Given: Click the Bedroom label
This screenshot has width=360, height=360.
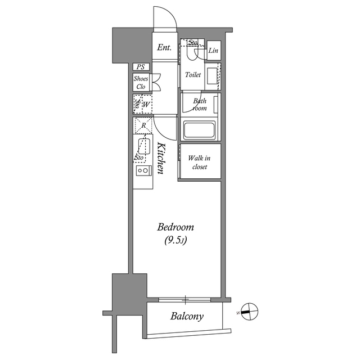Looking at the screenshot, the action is tap(175, 227).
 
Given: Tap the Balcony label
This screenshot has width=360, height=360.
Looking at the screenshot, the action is tap(187, 316).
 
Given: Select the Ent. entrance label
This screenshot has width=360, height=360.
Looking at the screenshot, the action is tap(164, 47).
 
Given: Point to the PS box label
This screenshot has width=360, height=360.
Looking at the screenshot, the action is tap(141, 67).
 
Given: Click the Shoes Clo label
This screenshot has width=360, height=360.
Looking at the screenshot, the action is tap(141, 83).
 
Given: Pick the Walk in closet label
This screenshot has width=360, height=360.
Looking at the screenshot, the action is tap(199, 163).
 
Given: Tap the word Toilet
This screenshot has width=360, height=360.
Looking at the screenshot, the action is tap(193, 75).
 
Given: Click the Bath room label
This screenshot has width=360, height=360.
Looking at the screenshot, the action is tap(200, 104).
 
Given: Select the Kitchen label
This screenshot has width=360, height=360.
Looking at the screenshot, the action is tap(161, 159).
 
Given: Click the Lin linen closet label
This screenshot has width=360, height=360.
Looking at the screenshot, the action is tap(213, 50).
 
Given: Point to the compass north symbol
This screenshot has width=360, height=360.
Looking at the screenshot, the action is tap(250, 312).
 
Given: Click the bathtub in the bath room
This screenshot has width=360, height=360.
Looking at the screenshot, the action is tap(199, 130).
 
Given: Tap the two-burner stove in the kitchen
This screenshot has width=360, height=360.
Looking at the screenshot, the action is tap(142, 170).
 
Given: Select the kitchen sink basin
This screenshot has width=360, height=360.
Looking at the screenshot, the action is tap(144, 147).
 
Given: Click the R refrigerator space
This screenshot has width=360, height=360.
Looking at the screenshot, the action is tap(143, 125).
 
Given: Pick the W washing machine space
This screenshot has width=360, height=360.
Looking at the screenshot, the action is tap(146, 105).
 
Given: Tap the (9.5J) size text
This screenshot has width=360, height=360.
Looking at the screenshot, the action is tap(175, 240).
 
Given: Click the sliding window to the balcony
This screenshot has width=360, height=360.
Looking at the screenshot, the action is tap(184, 299).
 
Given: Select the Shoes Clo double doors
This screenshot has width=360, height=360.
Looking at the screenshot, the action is tap(156, 82).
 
